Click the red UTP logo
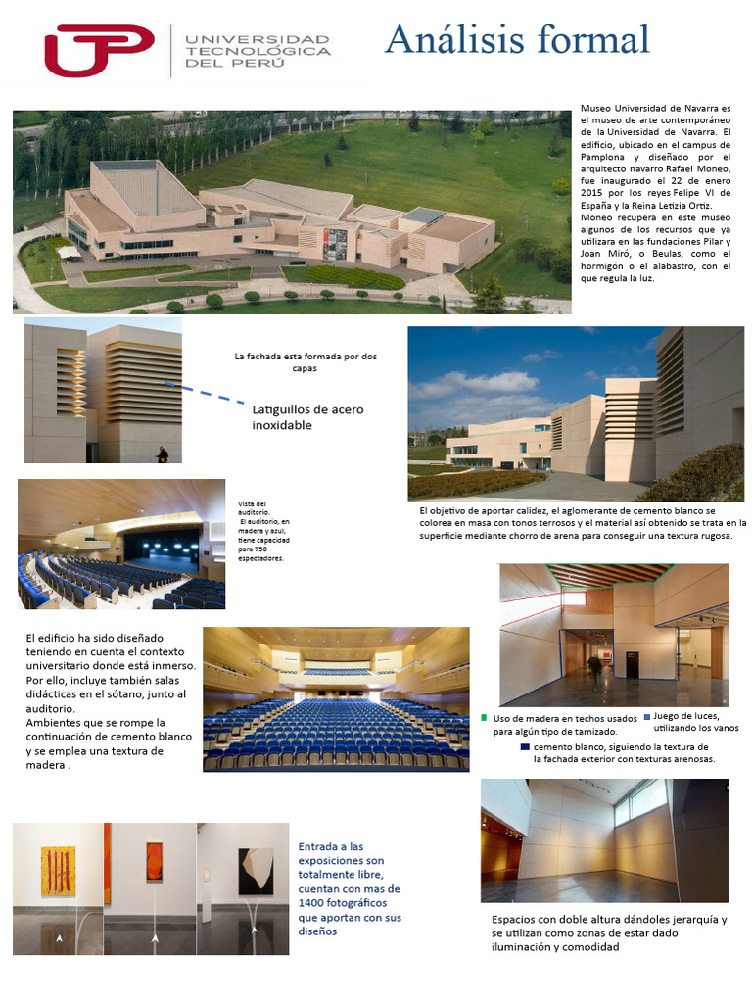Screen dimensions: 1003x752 click(99, 50)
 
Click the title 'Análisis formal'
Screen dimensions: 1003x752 click(517, 40)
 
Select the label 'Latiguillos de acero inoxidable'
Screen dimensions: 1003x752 click(307, 417)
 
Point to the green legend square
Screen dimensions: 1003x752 click(484, 718)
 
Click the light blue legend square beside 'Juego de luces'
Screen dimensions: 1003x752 click(646, 716)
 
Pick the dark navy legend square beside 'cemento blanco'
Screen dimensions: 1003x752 click(525, 746)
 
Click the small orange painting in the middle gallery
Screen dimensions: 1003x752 click(154, 862)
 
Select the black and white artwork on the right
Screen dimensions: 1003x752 click(256, 871)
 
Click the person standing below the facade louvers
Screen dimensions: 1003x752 click(163, 454)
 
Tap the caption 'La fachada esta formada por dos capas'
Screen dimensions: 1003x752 click(305, 361)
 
